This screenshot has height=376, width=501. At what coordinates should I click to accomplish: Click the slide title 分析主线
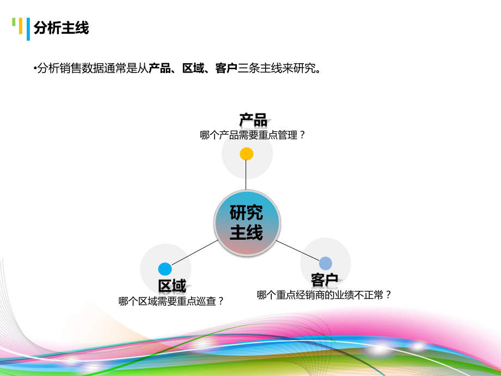[x=61, y=27]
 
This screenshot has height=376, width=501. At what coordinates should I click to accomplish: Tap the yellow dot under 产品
[x=247, y=154]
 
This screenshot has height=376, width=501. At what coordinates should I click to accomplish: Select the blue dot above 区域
[x=165, y=269]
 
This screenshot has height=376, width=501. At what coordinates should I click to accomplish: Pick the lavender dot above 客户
[x=325, y=263]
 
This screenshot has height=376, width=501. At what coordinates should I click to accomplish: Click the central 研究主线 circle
[x=247, y=223]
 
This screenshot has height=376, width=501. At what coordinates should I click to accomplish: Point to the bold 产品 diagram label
[x=253, y=120]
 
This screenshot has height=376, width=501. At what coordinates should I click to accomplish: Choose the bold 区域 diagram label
[x=172, y=286]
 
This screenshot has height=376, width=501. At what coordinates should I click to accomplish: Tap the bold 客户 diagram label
[x=325, y=280]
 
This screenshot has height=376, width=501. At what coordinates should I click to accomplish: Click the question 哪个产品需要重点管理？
[x=253, y=135]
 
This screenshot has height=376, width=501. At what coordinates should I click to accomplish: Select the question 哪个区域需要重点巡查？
[x=172, y=301]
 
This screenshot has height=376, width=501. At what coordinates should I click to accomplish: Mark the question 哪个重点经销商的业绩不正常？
[x=325, y=295]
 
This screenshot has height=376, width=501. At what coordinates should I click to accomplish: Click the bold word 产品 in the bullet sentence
[x=160, y=68]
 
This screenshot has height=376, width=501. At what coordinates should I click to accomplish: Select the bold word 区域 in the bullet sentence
[x=193, y=68]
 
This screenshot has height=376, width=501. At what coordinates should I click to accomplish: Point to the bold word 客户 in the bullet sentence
[x=226, y=68]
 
